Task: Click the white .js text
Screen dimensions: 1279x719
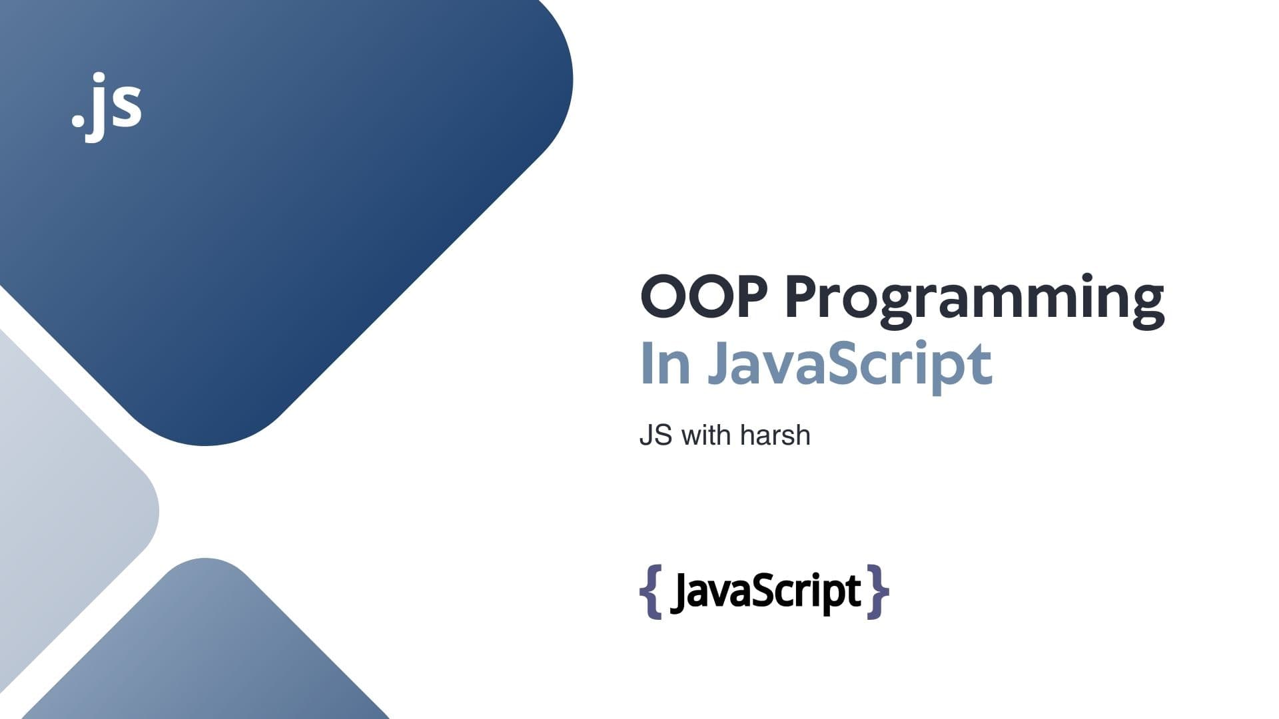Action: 107,107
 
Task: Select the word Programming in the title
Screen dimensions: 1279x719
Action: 975,302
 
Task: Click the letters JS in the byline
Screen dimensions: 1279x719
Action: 655,435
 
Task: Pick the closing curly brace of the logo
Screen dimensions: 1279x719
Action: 878,592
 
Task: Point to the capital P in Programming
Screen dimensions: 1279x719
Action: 803,297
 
